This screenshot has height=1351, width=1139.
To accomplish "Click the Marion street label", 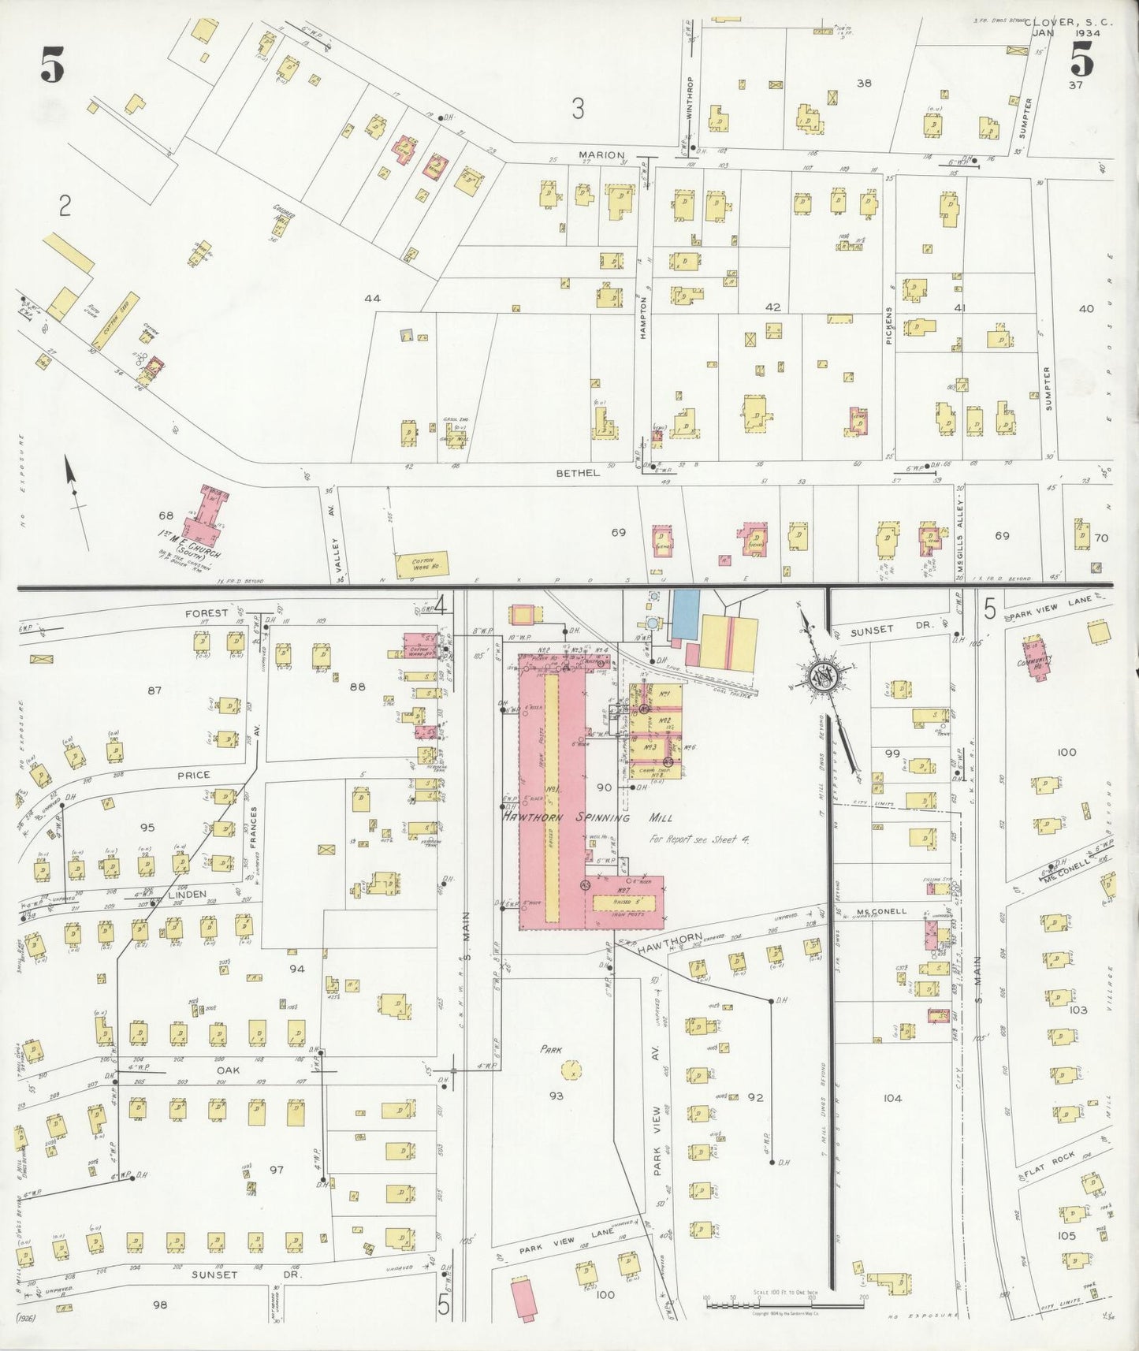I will (601, 155).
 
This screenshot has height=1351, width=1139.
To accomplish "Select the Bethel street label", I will (578, 473).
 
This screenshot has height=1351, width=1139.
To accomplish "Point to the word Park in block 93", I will (550, 1050).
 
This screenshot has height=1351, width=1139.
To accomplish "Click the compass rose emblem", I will (821, 677).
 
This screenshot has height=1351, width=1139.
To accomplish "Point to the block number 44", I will (373, 299).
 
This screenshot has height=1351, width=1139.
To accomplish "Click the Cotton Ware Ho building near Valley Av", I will (422, 563).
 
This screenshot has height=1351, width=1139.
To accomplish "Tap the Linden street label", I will (188, 894).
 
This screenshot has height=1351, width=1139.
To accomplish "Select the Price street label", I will (193, 775).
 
